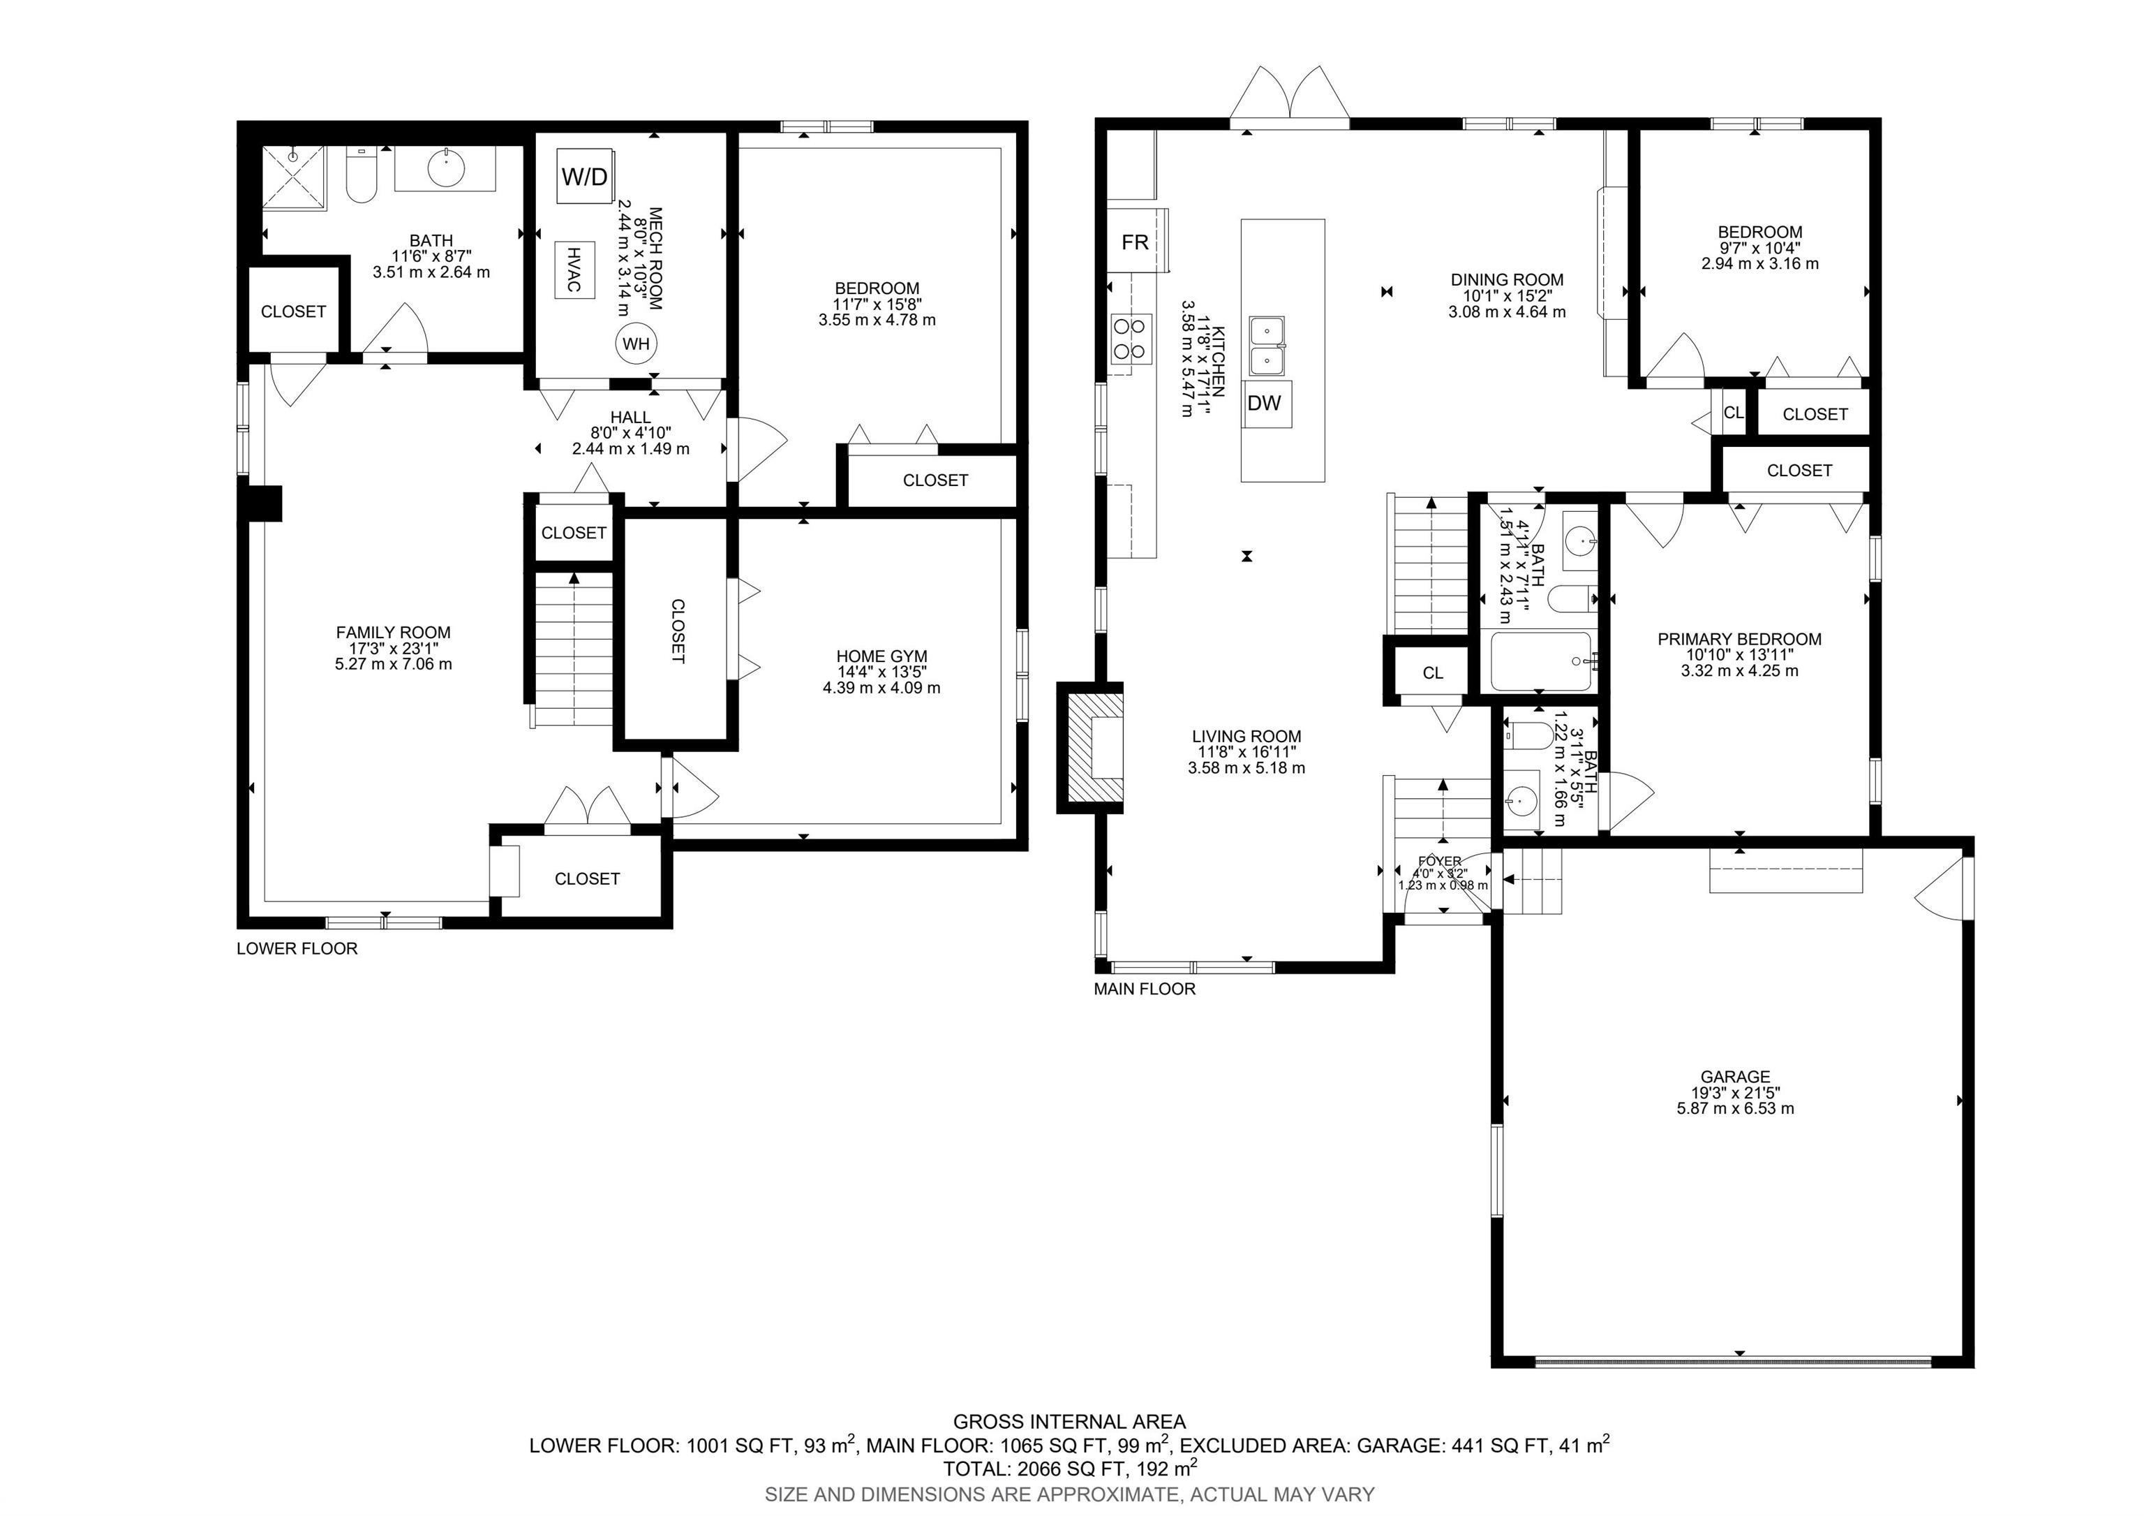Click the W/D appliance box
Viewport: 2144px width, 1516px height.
tap(586, 175)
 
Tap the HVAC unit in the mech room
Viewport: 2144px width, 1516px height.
tap(574, 269)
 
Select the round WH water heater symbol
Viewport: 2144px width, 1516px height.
tap(636, 344)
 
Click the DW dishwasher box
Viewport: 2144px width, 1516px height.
tap(1265, 404)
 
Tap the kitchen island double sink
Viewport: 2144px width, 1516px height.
tap(1267, 345)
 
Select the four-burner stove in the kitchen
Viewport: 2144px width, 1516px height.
tap(1129, 338)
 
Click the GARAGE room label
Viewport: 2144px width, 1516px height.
tap(1735, 1076)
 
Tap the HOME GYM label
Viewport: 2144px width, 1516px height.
tap(881, 656)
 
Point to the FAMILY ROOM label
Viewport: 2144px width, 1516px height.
tap(393, 633)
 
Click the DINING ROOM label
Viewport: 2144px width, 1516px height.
tap(1507, 279)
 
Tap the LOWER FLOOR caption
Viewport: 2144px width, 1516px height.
tap(297, 948)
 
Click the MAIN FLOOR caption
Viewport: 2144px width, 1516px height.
tap(1145, 988)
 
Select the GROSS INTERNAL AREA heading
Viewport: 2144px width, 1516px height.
tap(1069, 1422)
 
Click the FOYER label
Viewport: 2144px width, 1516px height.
tap(1439, 861)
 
